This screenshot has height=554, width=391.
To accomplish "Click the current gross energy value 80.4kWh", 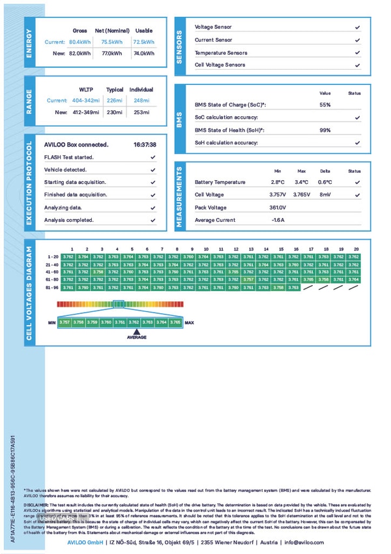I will (x=80, y=42).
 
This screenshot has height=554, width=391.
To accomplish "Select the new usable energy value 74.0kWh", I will (x=143, y=54).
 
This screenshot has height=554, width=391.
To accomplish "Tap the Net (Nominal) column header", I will (x=112, y=31).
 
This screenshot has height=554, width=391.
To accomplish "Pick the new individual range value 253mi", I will (x=141, y=112).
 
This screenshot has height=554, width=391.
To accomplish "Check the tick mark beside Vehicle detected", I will (x=152, y=170).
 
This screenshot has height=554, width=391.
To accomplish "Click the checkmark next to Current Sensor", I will (x=357, y=40).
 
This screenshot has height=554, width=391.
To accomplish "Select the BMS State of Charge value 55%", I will (x=325, y=104).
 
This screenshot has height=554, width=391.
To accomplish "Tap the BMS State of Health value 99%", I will (x=325, y=130).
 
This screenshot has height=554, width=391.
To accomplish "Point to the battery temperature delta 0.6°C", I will (x=325, y=182).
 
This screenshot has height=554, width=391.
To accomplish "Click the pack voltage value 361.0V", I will (x=278, y=208).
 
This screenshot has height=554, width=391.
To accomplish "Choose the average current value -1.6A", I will (x=278, y=220).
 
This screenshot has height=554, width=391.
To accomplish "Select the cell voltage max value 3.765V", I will (x=301, y=194).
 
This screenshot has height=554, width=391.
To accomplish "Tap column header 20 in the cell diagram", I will (x=356, y=249).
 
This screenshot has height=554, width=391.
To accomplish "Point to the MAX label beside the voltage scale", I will (x=190, y=322).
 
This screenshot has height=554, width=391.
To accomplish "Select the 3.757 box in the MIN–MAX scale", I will (x=64, y=322).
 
